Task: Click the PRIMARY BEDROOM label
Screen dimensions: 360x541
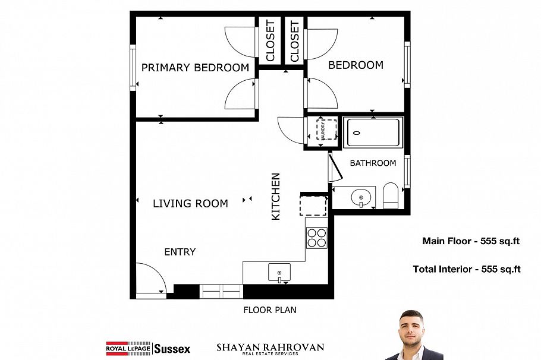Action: (x=195, y=68)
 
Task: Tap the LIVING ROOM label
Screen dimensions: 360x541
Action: (x=190, y=204)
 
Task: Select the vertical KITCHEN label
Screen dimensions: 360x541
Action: (x=276, y=197)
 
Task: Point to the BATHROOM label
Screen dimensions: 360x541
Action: (x=373, y=163)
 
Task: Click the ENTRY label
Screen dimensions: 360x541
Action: (x=180, y=252)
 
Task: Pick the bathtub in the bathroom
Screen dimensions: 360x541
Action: (x=374, y=132)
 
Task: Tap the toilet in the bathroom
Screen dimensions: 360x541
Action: (x=391, y=196)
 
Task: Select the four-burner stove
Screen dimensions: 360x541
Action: (x=317, y=238)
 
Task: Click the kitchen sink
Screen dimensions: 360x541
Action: (x=279, y=272)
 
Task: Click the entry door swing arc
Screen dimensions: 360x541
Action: (x=152, y=277)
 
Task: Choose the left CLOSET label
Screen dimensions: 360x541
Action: (x=270, y=41)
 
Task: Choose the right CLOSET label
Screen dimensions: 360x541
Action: (x=294, y=41)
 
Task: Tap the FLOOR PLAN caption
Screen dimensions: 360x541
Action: (x=270, y=310)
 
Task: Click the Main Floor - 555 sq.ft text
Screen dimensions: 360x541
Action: (x=471, y=241)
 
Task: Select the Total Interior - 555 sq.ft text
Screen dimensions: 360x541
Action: (x=467, y=269)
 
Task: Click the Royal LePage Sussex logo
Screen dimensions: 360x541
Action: (x=148, y=348)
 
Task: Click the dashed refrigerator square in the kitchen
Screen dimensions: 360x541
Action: (x=313, y=205)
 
